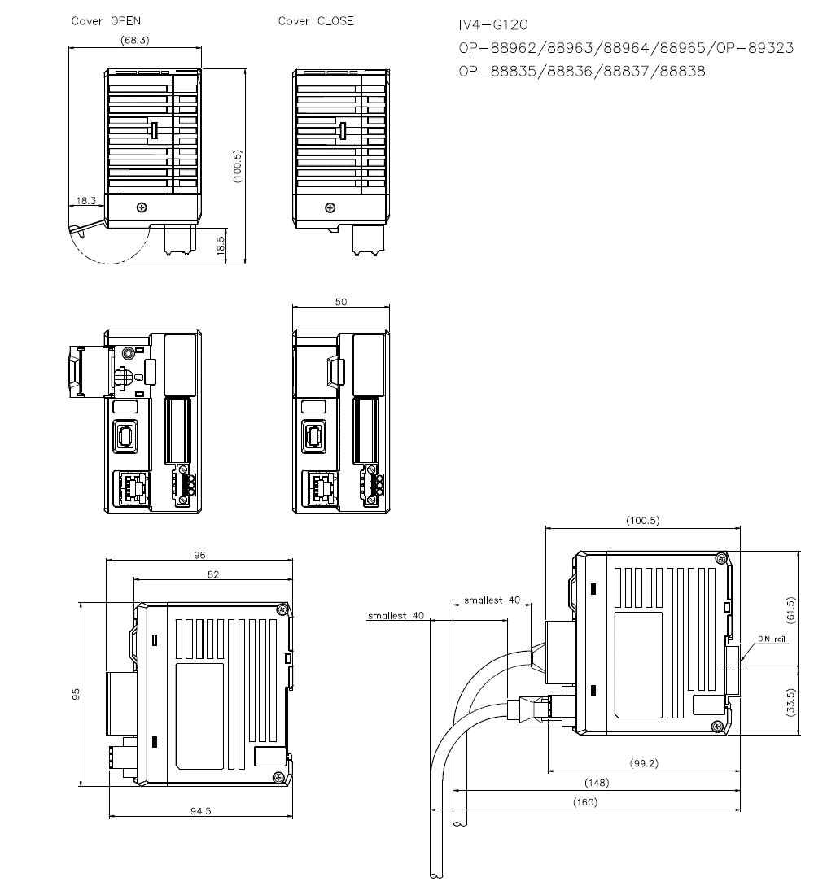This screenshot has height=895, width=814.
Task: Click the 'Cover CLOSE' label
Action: pos(316,21)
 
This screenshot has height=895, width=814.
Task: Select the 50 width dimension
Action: pos(341,302)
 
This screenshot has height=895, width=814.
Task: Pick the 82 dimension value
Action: pos(213,574)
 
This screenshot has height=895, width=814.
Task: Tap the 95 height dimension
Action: pos(76,694)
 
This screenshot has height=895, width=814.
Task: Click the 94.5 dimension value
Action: pos(200,811)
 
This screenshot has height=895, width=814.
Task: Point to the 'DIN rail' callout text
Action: pos(772,640)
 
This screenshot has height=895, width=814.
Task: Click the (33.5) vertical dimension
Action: pos(790,702)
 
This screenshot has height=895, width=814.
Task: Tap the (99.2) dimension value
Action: pos(644,763)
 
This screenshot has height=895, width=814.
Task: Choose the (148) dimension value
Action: pos(597,783)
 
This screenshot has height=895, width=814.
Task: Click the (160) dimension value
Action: pos(584,802)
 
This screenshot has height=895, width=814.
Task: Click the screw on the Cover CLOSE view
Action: pos(329,207)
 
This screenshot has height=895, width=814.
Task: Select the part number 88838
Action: pos(678,71)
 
